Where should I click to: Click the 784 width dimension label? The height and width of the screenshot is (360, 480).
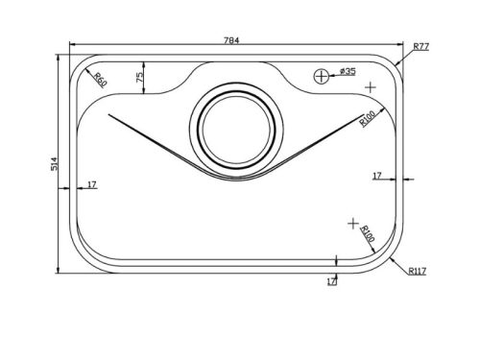(x=231, y=40)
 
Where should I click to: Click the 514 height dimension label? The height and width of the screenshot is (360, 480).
(x=55, y=163)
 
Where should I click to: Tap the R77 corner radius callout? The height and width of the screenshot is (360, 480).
(x=421, y=47)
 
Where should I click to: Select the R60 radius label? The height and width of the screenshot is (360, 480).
(x=100, y=80)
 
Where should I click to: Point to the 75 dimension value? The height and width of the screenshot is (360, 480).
(x=140, y=78)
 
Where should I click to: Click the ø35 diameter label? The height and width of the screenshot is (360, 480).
(x=347, y=71)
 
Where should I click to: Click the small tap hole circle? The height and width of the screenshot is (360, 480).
(x=321, y=77)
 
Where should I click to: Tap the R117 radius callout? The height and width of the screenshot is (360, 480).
(x=418, y=272)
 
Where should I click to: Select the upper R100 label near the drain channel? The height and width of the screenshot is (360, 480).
(x=367, y=119)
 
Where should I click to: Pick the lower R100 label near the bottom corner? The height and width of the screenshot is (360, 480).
(x=368, y=233)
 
